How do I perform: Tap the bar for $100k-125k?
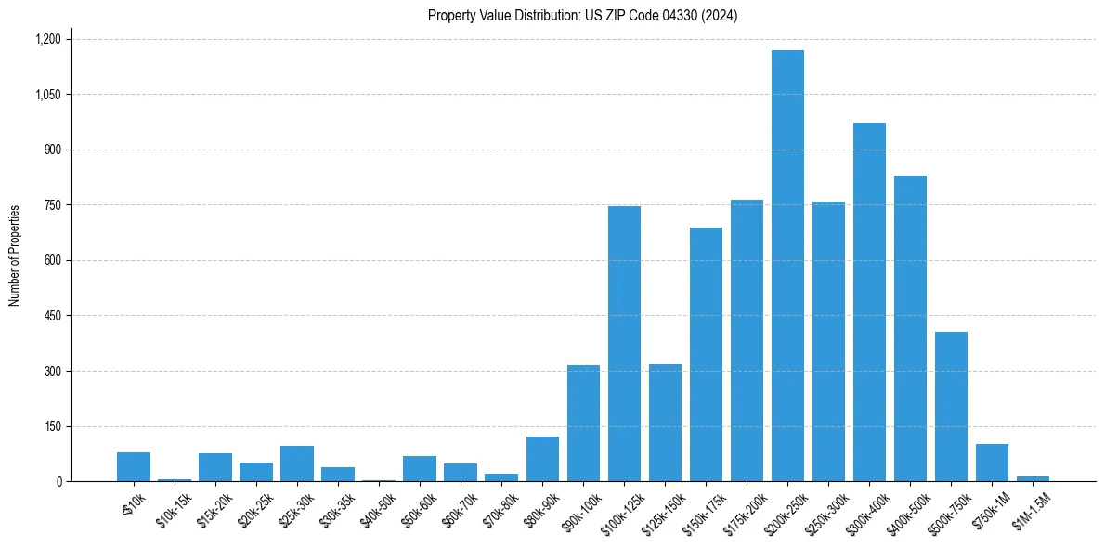pos(624,344)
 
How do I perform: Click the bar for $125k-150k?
pos(665,423)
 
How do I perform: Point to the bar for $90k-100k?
pos(583,424)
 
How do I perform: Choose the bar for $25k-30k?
pos(297,463)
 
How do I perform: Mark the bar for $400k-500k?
pos(910,329)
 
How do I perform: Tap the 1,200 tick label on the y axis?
pos(47,39)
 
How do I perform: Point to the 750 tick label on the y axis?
pos(53,205)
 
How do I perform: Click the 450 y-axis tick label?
pos(53,316)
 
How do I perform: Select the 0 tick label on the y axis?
pos(58,482)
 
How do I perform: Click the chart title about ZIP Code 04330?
pos(583,15)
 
